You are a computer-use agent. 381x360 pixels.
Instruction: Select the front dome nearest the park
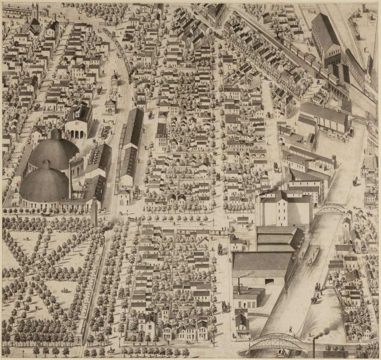click(44, 182)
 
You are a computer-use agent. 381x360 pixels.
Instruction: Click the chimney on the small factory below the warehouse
click(239, 285)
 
